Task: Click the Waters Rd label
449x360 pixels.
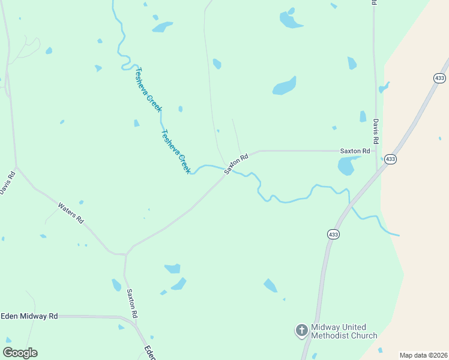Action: [x=71, y=214]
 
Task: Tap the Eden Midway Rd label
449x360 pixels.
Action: [x=29, y=316]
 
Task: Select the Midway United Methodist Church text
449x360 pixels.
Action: [x=344, y=332]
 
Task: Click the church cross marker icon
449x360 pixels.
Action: [x=301, y=331]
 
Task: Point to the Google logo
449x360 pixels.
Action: [x=20, y=353]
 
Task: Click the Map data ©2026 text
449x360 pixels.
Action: [x=423, y=355]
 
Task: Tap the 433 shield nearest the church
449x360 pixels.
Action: [x=333, y=234]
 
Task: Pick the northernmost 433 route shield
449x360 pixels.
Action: [x=439, y=78]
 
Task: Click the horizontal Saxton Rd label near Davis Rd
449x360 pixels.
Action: [x=355, y=151]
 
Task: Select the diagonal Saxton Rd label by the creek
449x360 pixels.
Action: [x=236, y=164]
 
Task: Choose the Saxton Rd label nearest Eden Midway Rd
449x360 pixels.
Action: [x=132, y=304]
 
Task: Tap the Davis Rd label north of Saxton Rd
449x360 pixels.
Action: [x=376, y=131]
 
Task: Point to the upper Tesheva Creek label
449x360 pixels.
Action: [x=147, y=89]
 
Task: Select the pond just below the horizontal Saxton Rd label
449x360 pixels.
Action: [x=346, y=166]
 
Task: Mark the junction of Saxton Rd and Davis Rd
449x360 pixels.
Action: [x=376, y=151]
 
